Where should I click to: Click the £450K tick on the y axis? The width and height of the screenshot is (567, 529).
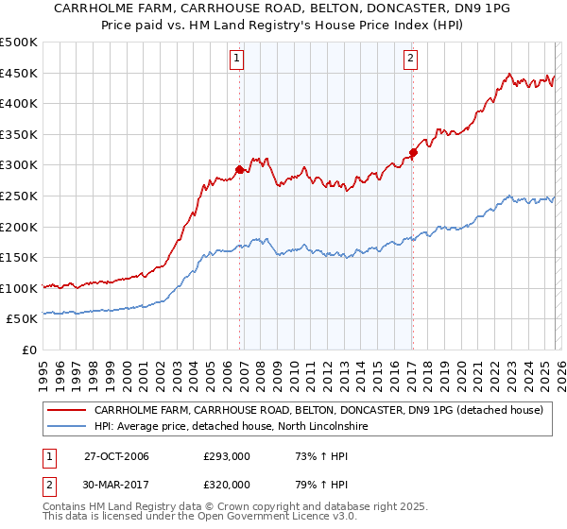point(20,73)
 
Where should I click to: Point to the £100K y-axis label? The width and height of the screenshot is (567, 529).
point(20,288)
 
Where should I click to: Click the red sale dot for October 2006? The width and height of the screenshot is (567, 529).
point(239,170)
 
